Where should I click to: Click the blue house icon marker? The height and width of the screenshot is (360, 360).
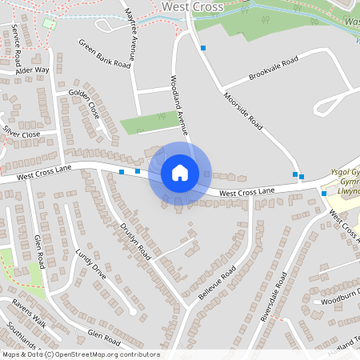point(180,173)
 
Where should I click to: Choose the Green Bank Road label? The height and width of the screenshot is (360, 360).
point(104,54)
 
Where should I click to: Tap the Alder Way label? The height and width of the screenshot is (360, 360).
point(31,70)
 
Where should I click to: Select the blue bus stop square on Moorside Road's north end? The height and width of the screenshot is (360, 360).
point(203,48)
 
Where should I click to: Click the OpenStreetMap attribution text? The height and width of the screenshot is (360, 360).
point(80,354)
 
